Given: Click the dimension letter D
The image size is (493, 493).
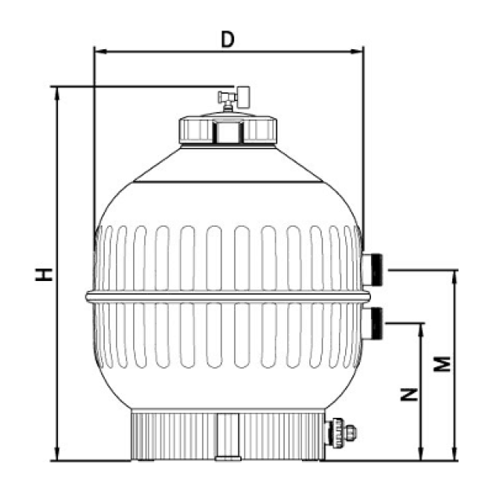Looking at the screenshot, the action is tap(228, 40).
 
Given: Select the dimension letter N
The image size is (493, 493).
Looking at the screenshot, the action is tap(409, 394).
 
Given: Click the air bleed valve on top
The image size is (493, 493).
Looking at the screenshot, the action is tap(234, 98).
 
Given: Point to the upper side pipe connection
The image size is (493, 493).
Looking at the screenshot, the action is tap(372, 270).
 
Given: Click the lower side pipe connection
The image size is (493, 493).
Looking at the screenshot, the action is tap(372, 323).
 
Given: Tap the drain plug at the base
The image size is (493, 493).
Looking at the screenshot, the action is tap(341, 432).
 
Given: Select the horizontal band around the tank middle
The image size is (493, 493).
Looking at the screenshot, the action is tap(228, 297).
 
